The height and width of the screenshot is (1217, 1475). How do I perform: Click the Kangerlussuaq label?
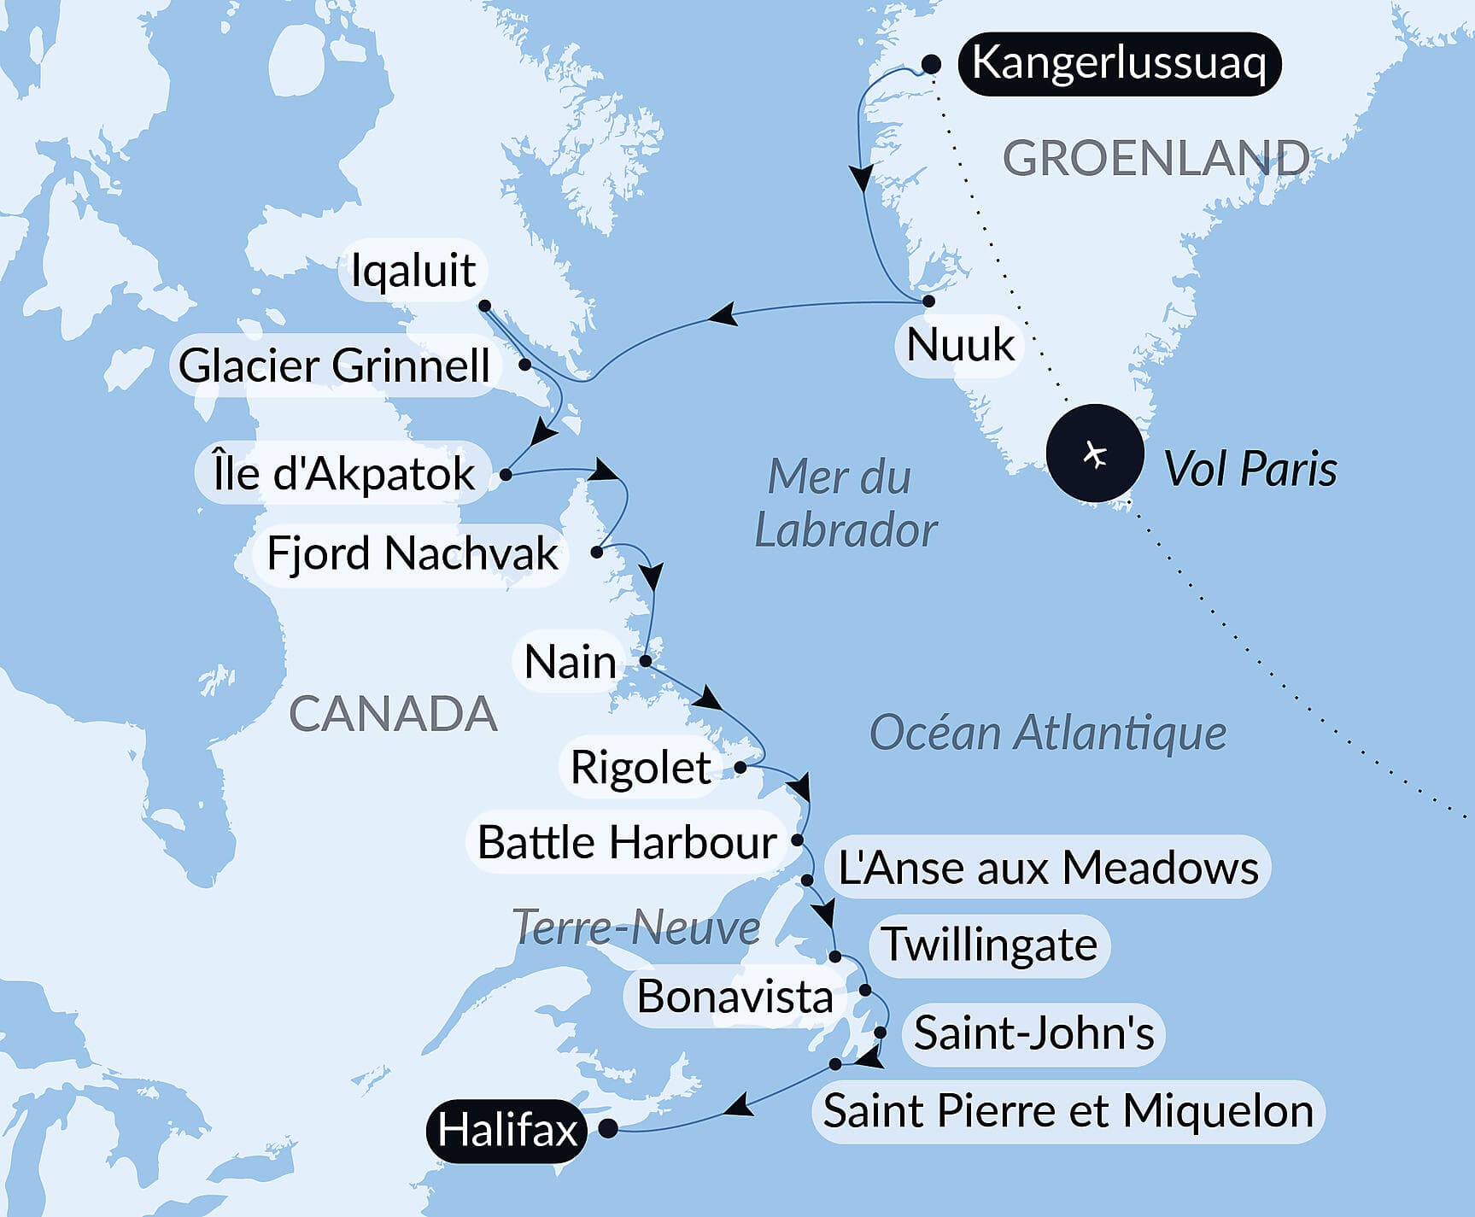[x=1118, y=63]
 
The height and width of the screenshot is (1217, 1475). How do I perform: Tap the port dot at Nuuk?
[x=928, y=301]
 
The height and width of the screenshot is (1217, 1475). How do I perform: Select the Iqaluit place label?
[x=413, y=270]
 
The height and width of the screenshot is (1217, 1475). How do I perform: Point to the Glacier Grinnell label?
[x=334, y=366]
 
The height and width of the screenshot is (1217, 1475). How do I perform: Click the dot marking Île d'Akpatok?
[x=506, y=474]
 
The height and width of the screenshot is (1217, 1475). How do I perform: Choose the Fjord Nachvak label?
[x=412, y=553]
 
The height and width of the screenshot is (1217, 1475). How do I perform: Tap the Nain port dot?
[x=646, y=661]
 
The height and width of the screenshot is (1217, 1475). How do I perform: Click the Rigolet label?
[x=640, y=767]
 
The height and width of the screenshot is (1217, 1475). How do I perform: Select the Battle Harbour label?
[x=626, y=842]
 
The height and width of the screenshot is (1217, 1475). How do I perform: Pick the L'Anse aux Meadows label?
[x=1048, y=868]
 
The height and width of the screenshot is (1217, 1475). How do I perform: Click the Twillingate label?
[x=989, y=945]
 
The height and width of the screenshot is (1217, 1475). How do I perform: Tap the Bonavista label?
[x=735, y=997]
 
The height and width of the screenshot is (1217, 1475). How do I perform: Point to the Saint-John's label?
[x=1033, y=1033]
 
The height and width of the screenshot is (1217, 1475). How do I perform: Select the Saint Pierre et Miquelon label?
[x=1068, y=1111]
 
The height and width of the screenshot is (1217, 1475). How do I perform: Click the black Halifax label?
[x=507, y=1130]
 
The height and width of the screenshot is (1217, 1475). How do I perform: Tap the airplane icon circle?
[x=1095, y=453]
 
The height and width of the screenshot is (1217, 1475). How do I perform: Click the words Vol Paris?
[x=1250, y=469]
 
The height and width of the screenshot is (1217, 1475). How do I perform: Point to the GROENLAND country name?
[x=1155, y=159]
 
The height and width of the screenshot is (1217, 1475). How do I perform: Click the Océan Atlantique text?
[x=1047, y=733]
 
